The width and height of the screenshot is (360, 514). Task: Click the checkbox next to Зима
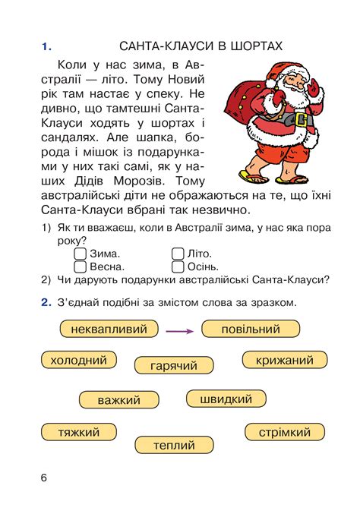pos(81,254)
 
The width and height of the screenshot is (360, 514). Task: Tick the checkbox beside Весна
pos(81,266)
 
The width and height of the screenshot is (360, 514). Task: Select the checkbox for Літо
pos(178,254)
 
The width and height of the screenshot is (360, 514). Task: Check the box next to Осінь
pos(178,266)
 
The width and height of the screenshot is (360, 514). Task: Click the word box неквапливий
pos(103,329)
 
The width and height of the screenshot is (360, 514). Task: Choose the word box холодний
pos(78,360)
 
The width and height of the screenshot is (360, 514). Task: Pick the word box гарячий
pos(174,365)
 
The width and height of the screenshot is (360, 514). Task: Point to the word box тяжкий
pos(79,432)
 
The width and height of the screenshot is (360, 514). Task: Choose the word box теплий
pos(174,445)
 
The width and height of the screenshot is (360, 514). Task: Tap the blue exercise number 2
pos(45,302)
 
